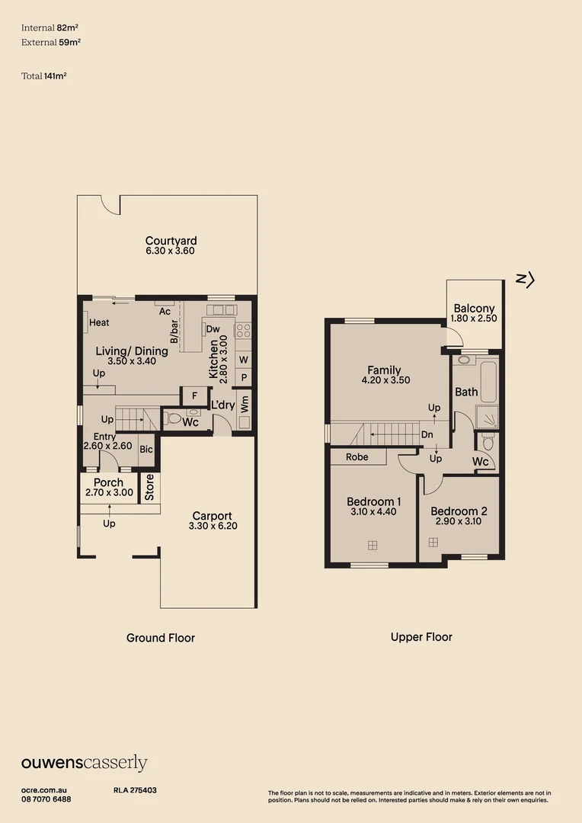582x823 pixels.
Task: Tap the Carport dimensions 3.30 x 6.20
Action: (x=212, y=526)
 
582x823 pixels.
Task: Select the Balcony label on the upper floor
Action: (x=474, y=309)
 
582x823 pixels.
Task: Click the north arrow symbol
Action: (x=526, y=280)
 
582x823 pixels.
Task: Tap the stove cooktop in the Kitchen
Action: (x=244, y=331)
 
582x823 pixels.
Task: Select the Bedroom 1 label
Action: (x=373, y=501)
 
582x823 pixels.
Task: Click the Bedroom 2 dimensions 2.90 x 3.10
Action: (x=458, y=522)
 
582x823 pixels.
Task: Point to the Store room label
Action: (x=149, y=488)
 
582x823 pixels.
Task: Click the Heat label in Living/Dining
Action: (x=99, y=323)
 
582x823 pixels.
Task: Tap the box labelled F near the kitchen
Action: (x=194, y=396)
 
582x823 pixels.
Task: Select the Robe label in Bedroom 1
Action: (x=357, y=457)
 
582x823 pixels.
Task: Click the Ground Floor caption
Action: (x=161, y=638)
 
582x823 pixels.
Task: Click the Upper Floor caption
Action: (x=421, y=637)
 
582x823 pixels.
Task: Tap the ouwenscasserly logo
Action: (x=84, y=764)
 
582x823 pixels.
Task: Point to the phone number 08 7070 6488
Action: (x=46, y=799)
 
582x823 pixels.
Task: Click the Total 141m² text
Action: (x=44, y=75)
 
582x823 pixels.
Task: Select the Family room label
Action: (x=384, y=370)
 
